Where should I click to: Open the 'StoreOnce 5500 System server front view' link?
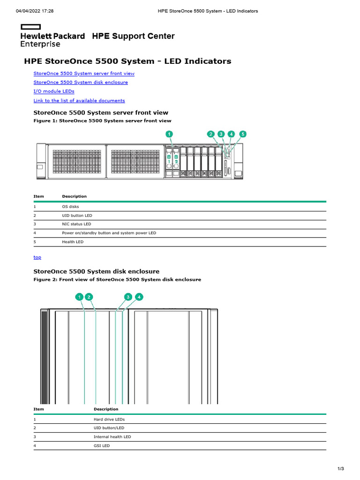tap(84, 74)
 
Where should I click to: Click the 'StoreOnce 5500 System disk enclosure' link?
tap(81, 82)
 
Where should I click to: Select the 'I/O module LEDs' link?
tap(54, 91)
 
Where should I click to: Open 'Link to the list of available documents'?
tap(79, 101)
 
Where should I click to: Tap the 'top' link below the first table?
tap(37, 257)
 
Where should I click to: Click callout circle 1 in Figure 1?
tap(169, 134)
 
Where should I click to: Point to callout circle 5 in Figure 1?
tap(241, 134)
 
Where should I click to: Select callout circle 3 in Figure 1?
tap(221, 134)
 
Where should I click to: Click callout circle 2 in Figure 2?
tap(89, 297)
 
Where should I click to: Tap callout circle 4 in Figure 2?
tap(139, 297)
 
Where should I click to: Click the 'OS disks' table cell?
tap(70, 207)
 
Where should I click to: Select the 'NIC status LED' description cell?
tap(76, 225)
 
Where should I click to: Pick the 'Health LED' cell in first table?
tap(73, 242)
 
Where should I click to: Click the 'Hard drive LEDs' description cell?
tap(109, 420)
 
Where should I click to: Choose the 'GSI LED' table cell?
tap(102, 446)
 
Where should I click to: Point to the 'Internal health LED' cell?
tap(112, 437)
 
